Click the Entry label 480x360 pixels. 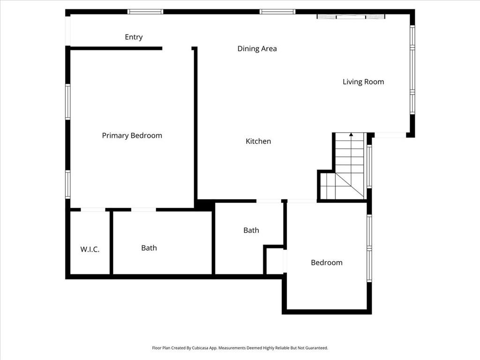134,37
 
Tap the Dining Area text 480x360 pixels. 257,48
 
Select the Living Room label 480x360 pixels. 363,82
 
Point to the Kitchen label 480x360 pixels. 258,141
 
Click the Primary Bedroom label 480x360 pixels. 132,135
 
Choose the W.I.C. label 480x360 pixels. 90,249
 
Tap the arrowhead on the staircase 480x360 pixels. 351,135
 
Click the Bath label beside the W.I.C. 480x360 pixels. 149,248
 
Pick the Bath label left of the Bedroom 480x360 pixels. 251,230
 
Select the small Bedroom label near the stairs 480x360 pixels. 327,262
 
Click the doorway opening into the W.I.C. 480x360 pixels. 93,210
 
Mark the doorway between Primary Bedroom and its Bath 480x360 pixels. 143,210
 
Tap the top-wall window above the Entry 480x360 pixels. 145,12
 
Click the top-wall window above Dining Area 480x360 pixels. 277,12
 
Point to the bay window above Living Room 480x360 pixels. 351,16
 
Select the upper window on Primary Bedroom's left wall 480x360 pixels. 67,102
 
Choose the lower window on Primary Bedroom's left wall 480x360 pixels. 67,184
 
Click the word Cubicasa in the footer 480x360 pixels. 200,348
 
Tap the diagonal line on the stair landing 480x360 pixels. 350,186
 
